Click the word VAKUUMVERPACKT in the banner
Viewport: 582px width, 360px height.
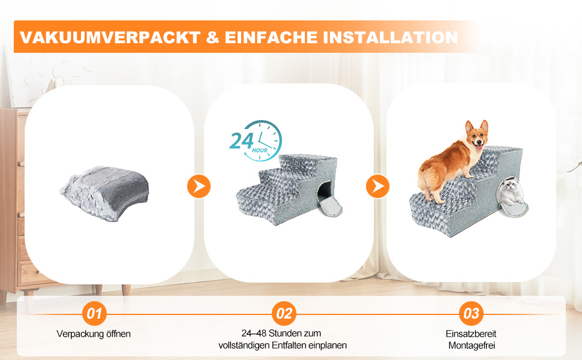[x=110, y=37]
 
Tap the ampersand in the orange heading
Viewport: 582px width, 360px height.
[x=212, y=37]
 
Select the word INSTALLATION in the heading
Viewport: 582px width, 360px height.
[x=390, y=37]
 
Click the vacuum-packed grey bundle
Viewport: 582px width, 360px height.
[x=104, y=193]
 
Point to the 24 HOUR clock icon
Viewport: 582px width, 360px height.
[x=256, y=140]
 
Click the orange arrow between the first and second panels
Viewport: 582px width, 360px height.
[x=199, y=186]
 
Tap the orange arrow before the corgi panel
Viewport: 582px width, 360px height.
[x=378, y=186]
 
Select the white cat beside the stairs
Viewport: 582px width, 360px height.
[x=511, y=191]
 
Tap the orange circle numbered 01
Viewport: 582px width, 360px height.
[x=94, y=314]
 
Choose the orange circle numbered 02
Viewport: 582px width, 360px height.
[x=284, y=314]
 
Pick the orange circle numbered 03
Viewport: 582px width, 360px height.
[x=472, y=314]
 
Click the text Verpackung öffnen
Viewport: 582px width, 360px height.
[x=94, y=334]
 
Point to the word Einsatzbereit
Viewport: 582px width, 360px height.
[x=471, y=334]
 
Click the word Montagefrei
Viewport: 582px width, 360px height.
[x=472, y=346]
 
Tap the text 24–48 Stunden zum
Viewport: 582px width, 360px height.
[x=281, y=333]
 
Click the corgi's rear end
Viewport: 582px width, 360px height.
[x=426, y=176]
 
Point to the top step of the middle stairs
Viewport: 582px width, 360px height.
[x=308, y=160]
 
